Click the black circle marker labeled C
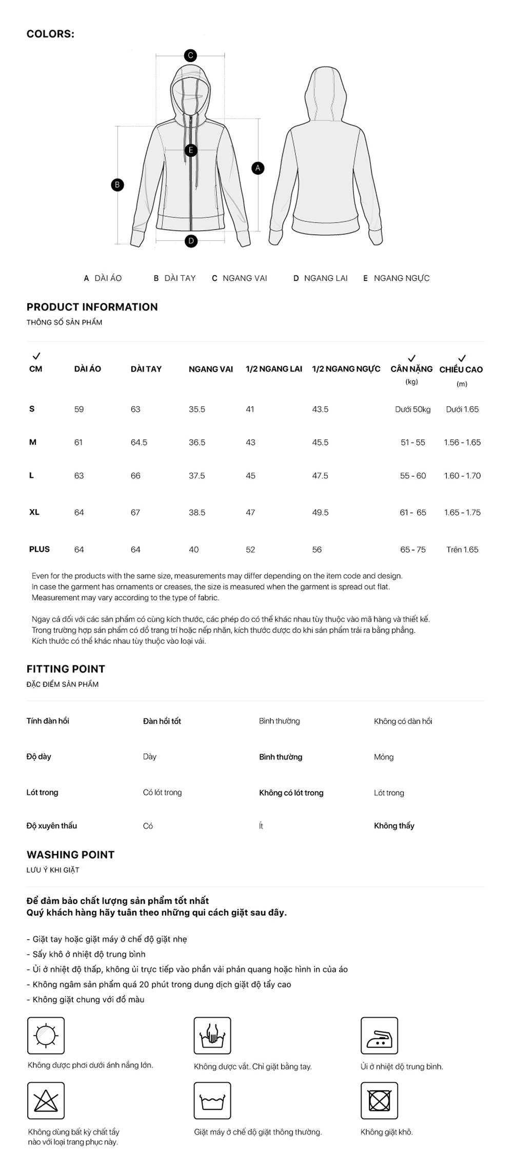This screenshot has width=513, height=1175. (190, 55)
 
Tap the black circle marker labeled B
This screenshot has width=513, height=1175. (117, 185)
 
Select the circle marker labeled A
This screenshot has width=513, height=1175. (258, 168)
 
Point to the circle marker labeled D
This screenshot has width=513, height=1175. (191, 240)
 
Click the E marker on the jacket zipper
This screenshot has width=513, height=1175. (191, 150)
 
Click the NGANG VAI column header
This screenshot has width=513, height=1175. (210, 369)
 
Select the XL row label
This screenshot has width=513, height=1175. (34, 512)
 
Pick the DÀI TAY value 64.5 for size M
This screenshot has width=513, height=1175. (139, 442)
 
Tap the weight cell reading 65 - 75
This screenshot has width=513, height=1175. (412, 550)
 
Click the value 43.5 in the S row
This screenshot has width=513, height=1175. (320, 409)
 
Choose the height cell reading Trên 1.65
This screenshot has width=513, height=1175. (462, 550)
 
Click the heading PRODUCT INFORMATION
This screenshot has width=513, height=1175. (92, 307)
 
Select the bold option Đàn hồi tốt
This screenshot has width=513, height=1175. (162, 721)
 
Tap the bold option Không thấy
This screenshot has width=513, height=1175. (394, 825)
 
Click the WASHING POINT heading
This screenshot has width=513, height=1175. (71, 855)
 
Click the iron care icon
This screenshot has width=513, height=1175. (379, 1036)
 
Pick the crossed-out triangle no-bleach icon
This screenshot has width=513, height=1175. (46, 1101)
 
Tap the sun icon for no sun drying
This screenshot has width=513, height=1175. (46, 1036)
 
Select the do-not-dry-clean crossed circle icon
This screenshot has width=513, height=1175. (379, 1101)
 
